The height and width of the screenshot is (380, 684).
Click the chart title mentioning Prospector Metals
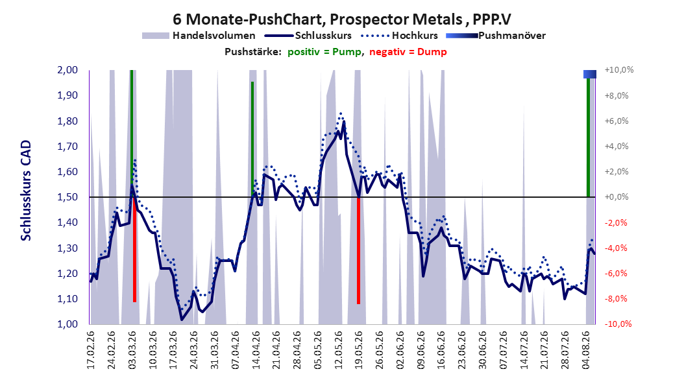341,19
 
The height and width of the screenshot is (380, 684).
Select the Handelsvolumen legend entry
199,36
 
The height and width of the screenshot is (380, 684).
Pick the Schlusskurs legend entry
308,36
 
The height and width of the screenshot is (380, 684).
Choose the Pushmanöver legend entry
496,36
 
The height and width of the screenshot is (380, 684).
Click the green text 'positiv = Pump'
324,52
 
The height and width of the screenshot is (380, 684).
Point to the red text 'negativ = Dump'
408,52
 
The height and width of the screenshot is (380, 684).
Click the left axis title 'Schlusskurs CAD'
26,191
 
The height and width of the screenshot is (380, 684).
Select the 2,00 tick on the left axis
67,70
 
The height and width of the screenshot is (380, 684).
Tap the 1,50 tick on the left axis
67,197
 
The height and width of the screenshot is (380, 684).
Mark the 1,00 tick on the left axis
67,324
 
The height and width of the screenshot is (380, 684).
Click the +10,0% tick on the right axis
618,70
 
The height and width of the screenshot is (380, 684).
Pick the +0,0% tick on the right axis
617,197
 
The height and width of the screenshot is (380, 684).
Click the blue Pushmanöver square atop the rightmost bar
590,74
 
